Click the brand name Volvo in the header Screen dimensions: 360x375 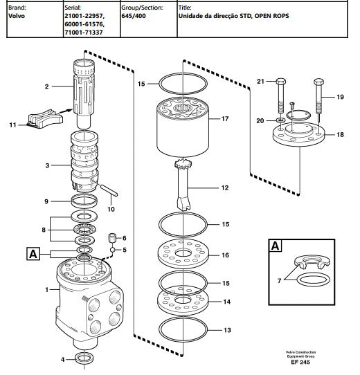tap(17, 16)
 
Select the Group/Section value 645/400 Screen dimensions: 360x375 tap(134, 16)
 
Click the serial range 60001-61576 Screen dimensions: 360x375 tap(84, 24)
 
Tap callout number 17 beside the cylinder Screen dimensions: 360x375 tap(225, 118)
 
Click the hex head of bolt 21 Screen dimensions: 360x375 tap(281, 82)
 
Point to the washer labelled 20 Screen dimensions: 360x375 tap(281, 120)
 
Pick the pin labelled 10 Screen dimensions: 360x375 tap(109, 190)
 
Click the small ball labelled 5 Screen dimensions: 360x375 tap(113, 250)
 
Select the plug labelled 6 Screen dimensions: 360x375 tap(112, 238)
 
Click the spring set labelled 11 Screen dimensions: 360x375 tap(45, 119)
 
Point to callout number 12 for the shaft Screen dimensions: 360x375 tap(225, 187)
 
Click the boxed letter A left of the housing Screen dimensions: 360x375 tap(33, 254)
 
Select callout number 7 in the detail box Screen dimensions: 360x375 tap(279, 280)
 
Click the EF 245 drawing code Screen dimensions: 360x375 tap(300, 362)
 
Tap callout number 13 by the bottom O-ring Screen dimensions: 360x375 tap(227, 330)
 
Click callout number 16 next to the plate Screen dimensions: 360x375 tap(225, 255)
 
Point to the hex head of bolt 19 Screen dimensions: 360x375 tap(319, 82)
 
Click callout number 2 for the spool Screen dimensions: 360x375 tap(46, 86)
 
